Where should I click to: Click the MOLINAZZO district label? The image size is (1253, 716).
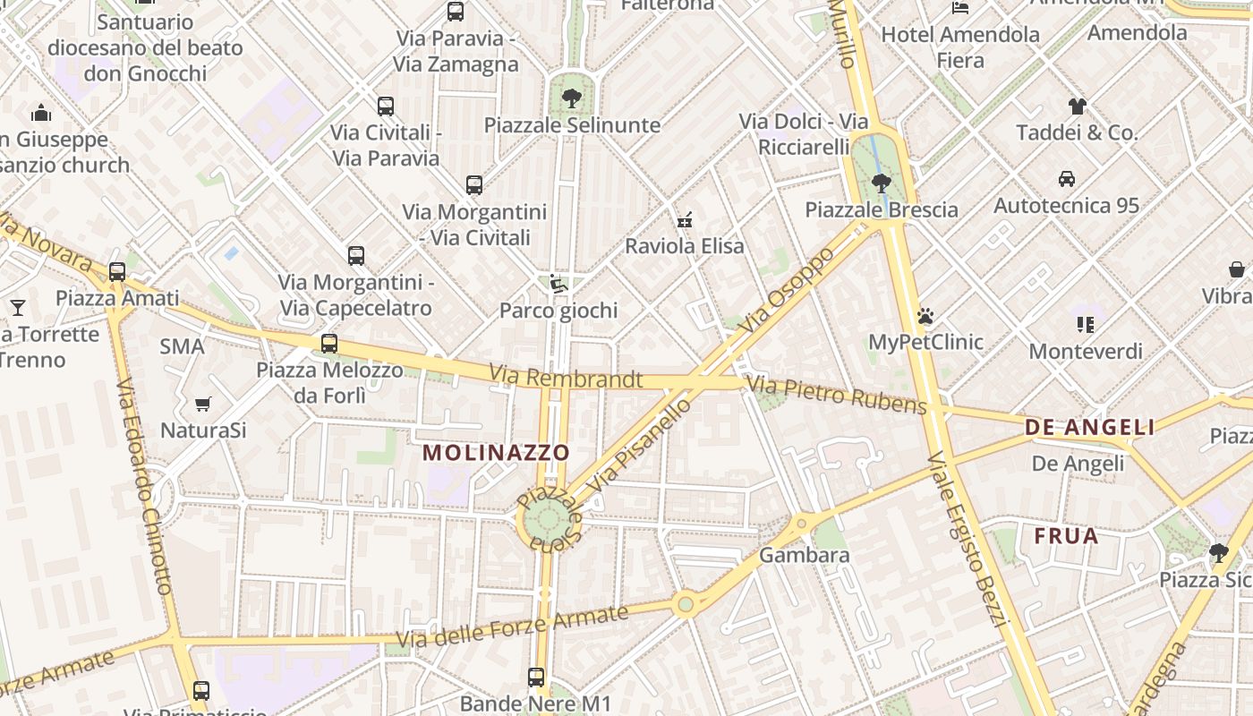coord(496,452)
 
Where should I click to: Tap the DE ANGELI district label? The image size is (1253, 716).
coord(1089,428)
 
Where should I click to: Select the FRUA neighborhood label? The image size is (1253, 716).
coord(1066,536)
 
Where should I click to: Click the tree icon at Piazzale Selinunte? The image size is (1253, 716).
coord(572,97)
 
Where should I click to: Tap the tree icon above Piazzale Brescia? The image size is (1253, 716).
coord(881,183)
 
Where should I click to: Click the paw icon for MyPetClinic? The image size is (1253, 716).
coord(925,316)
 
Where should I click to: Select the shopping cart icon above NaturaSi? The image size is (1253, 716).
coord(203,405)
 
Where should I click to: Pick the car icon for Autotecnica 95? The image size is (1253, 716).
coord(1067,178)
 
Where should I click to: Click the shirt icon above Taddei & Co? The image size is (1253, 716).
coord(1077,106)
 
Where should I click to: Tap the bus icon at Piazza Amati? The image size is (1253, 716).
coord(117,272)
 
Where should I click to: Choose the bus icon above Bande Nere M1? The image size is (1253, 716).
coord(536,678)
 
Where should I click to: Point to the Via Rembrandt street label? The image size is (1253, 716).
coord(566,378)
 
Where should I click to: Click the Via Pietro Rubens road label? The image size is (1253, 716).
coord(837,396)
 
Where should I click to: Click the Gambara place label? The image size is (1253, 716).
coord(804,555)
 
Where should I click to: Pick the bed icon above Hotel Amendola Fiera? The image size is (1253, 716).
coord(960,8)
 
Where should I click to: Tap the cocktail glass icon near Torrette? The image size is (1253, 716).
coord(17,308)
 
